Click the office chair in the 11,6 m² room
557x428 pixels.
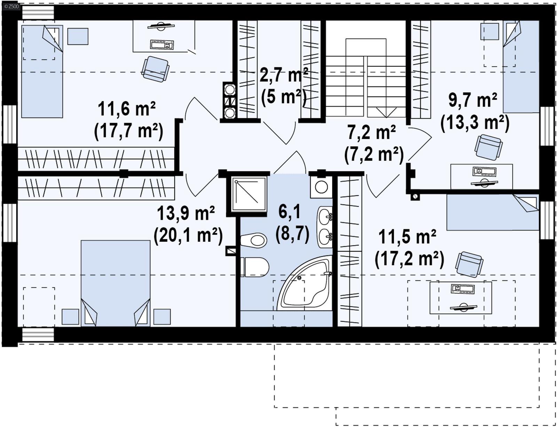(156, 68)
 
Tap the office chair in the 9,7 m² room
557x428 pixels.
(488, 147)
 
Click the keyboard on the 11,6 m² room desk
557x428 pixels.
(162, 45)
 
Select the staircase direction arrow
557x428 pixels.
(386, 112)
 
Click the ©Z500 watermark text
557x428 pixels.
(11, 6)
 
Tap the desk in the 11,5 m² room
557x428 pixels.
(461, 298)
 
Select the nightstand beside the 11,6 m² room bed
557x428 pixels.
(78, 36)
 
